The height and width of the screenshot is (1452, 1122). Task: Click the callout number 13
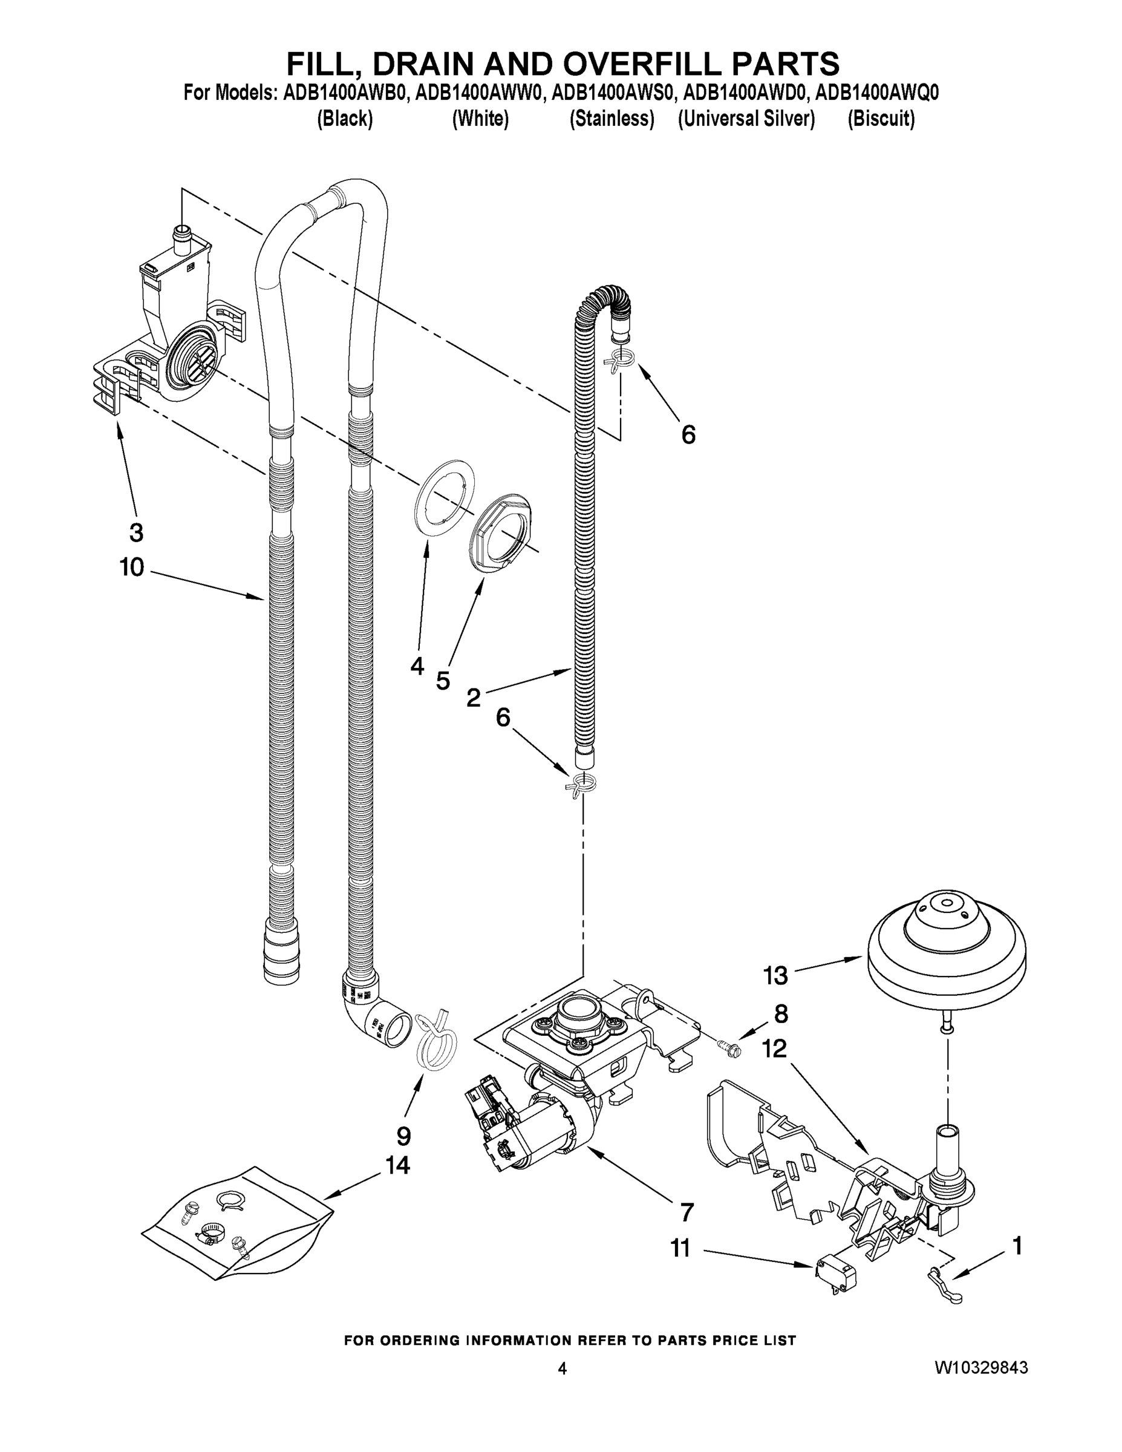(x=775, y=975)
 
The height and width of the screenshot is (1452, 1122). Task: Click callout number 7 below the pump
(x=687, y=1212)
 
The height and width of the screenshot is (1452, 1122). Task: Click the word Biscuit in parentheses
(x=881, y=119)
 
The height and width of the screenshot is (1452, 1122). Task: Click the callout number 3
(x=135, y=532)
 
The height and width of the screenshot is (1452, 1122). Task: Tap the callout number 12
(x=774, y=1048)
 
